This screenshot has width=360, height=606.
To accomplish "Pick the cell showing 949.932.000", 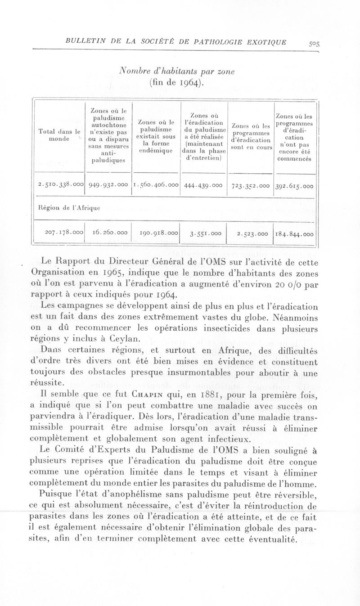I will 108,185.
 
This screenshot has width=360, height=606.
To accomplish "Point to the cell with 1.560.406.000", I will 156,185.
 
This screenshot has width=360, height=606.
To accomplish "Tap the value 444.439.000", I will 203,185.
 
